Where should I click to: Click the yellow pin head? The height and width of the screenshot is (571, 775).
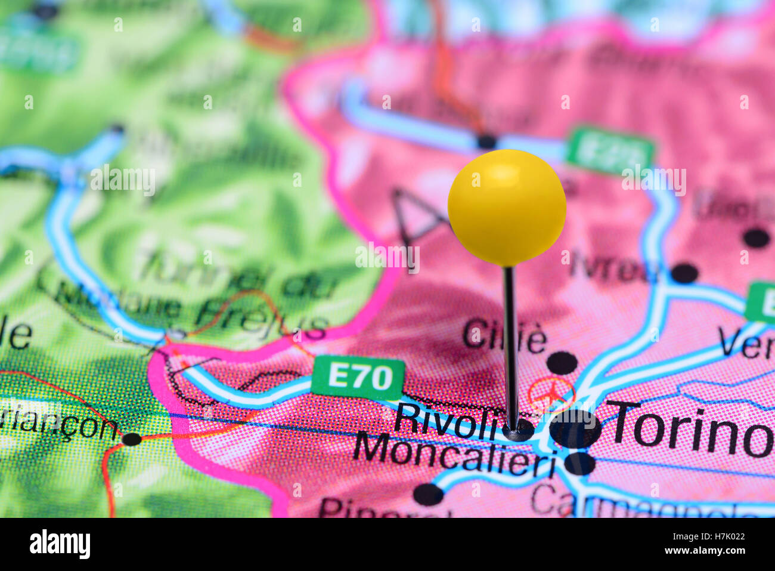pos(507,207)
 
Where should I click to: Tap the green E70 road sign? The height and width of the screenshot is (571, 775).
pos(358,377)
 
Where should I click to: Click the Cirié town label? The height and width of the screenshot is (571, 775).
pos(504,336)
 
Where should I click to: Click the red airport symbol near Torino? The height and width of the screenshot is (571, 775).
pos(553,393)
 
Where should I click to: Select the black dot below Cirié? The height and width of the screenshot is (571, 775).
pos(562,363)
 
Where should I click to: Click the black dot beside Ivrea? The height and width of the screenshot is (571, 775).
pos(684,273)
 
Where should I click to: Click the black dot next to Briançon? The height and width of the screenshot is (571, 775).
pos(132,439)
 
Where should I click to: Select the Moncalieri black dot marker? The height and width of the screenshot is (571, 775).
pos(579,463)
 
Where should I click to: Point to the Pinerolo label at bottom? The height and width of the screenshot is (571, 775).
pos(382,508)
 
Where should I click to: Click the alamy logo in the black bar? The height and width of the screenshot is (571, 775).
pos(60,544)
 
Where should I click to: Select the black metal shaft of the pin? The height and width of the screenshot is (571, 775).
pos(510,346)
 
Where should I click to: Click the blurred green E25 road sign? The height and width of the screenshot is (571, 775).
pos(609,147)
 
